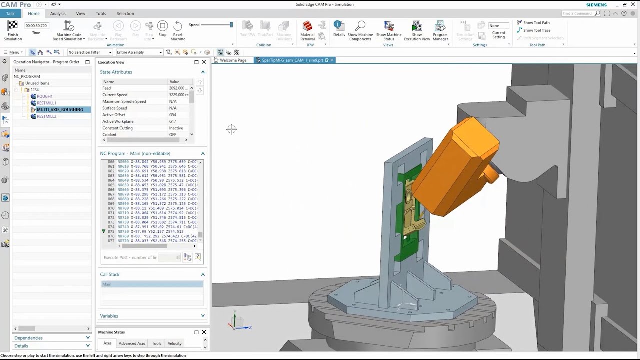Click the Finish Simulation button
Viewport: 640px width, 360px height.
13,30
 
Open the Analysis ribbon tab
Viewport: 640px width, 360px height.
58,13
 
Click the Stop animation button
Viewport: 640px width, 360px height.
162,29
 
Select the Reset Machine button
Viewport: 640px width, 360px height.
178,29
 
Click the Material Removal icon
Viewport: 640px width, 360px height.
307,29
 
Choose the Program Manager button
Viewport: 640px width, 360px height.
440,30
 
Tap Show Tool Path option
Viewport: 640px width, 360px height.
536,23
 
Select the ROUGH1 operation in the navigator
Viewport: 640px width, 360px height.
44,96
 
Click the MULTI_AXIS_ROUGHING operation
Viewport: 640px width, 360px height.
60,110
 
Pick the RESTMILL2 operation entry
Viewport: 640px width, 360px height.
46,116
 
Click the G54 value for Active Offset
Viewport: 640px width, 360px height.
173,115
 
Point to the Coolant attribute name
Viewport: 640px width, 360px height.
109,135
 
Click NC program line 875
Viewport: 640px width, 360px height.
150,232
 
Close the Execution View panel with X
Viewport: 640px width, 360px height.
204,62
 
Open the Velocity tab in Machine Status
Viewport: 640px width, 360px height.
174,343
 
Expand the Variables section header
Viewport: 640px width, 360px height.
152,316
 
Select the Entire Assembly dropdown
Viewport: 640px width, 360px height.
139,52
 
